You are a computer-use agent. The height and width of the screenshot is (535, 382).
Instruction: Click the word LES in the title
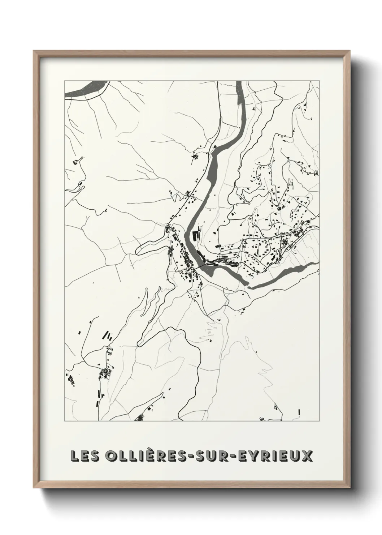click(x=85, y=456)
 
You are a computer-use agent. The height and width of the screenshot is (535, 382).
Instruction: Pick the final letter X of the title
click(x=307, y=456)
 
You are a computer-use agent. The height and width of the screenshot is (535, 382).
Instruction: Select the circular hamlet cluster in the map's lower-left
click(x=105, y=372)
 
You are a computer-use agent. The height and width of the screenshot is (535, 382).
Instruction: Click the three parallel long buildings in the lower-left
click(x=107, y=336)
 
